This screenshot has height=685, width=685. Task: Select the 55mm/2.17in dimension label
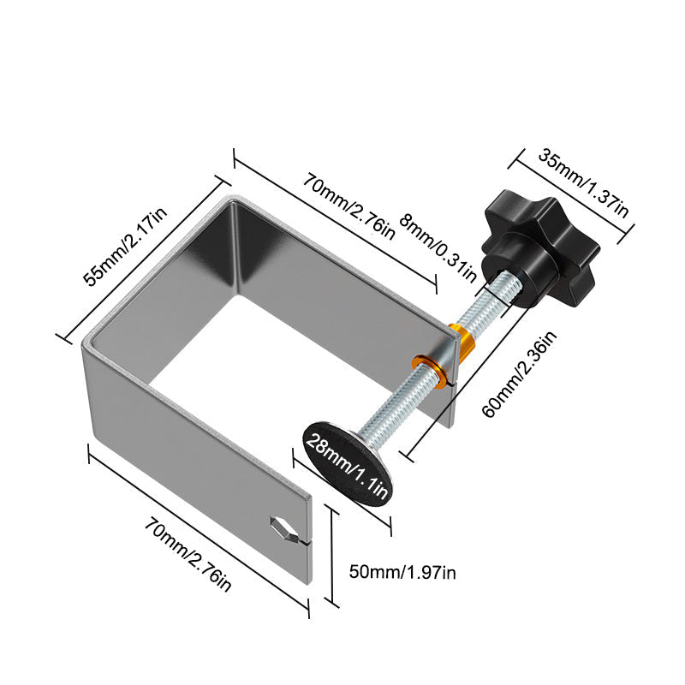click(x=125, y=247)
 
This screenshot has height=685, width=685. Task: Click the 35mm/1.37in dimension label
click(x=583, y=183)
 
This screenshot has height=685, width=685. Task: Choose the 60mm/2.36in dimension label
click(x=519, y=374)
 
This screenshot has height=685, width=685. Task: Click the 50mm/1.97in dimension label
click(x=402, y=572)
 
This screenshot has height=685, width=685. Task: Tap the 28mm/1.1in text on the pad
click(x=347, y=465)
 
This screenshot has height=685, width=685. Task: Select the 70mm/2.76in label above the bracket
click(x=348, y=206)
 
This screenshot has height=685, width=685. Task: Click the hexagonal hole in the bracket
click(x=282, y=528)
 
